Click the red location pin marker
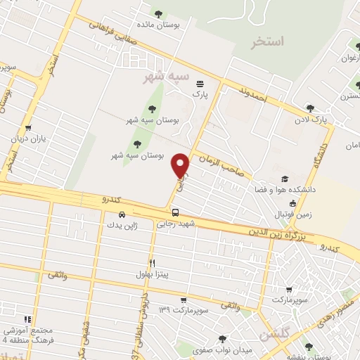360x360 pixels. point(181,165)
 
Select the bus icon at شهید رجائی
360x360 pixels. point(174,212)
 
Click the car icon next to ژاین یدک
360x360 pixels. point(122,214)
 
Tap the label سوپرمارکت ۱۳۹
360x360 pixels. point(185,309)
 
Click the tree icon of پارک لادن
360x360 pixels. point(310,108)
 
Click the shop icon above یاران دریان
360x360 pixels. point(27,128)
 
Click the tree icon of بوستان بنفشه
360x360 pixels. point(308,346)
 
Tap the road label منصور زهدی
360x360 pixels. point(342,309)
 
